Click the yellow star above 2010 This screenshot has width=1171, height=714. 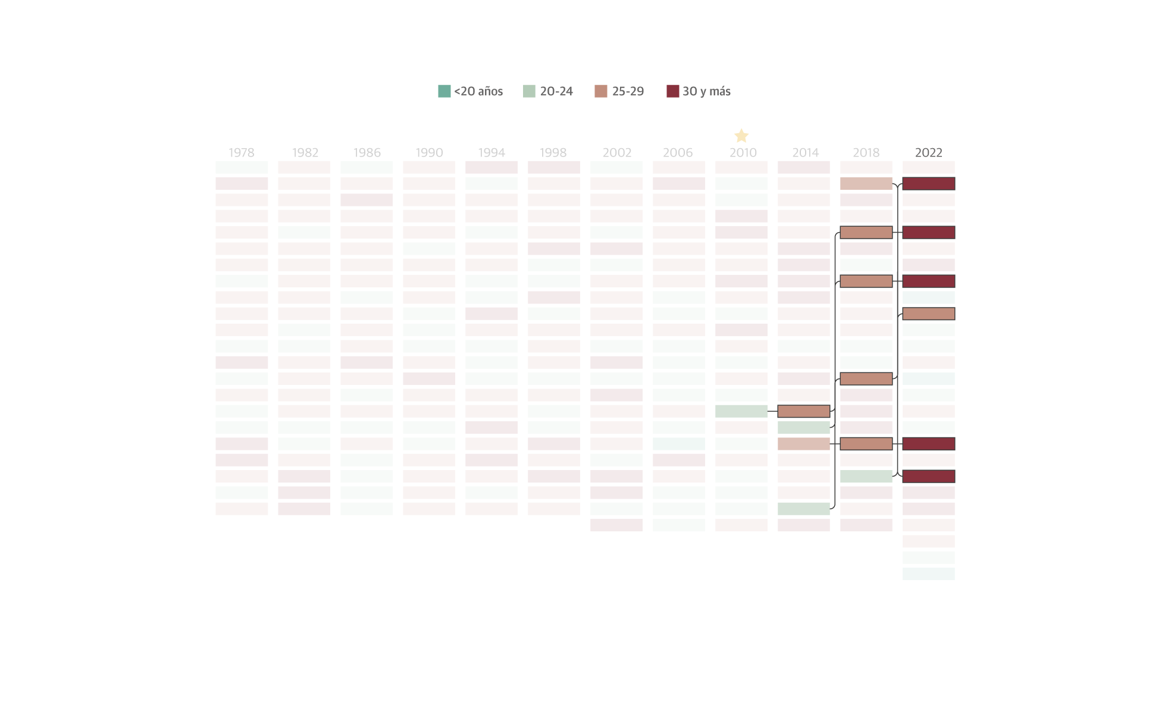[x=741, y=136]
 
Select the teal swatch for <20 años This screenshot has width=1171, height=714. [x=444, y=91]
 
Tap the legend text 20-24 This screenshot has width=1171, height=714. [x=556, y=91]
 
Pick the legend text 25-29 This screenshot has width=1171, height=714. [x=628, y=91]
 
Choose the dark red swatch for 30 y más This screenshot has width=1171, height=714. [x=672, y=91]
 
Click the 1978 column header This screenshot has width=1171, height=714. [x=242, y=152]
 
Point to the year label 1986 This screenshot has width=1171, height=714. [x=367, y=152]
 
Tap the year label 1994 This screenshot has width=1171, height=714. [x=491, y=152]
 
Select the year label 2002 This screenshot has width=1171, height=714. [x=617, y=152]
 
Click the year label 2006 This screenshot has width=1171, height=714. [x=678, y=152]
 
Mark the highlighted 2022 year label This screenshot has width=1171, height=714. [x=928, y=152]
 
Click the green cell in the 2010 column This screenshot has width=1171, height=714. [x=741, y=411]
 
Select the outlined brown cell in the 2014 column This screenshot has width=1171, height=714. [x=803, y=411]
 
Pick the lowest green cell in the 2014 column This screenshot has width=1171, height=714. [x=803, y=509]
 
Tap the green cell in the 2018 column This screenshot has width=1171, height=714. [x=866, y=476]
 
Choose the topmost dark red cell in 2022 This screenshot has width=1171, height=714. [x=928, y=183]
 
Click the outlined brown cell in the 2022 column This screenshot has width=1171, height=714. [x=928, y=314]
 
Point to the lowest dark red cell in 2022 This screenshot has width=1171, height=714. [x=928, y=476]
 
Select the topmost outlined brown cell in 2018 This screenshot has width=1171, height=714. [x=866, y=232]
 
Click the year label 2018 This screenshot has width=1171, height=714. [x=866, y=152]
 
